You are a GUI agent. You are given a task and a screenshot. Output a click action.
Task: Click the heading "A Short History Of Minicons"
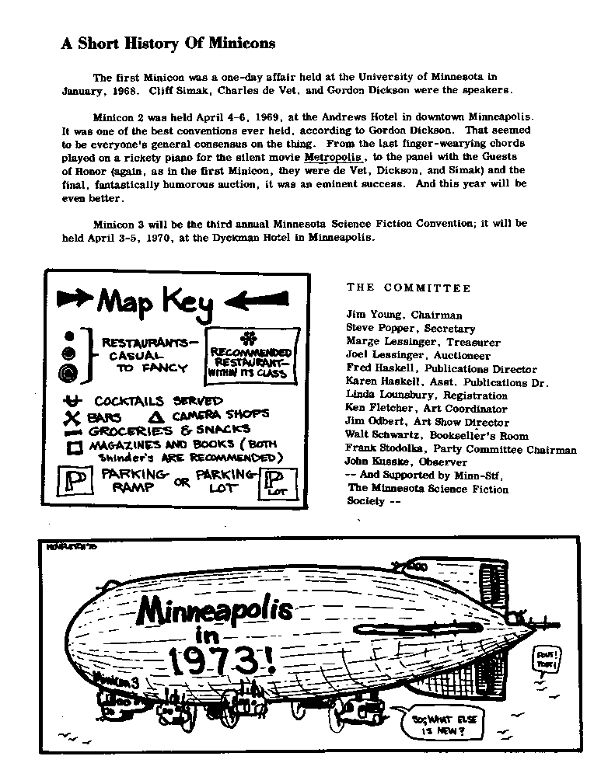click(168, 44)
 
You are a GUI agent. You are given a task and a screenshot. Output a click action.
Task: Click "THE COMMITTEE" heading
click(408, 288)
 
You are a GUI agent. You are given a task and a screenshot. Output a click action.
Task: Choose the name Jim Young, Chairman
click(404, 315)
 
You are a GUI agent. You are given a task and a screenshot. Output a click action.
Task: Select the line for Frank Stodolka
click(461, 449)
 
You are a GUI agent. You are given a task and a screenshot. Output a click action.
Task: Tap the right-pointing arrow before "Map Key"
click(75, 296)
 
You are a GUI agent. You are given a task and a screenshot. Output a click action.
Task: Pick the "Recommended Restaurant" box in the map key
click(251, 357)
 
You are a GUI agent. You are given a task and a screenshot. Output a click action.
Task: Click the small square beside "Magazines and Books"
click(75, 448)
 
